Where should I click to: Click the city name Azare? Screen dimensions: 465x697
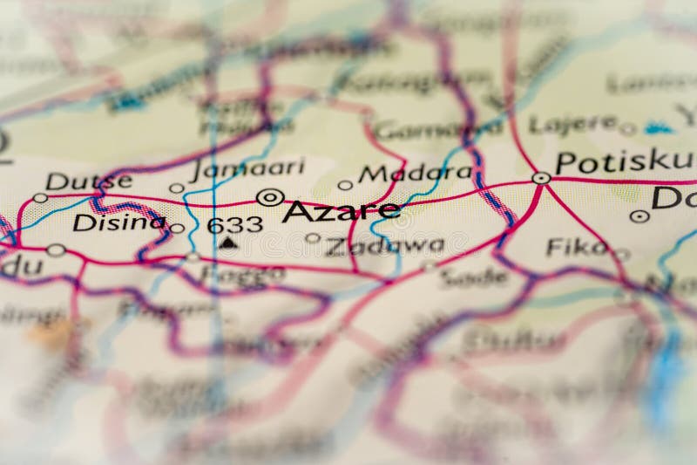(x=342, y=210)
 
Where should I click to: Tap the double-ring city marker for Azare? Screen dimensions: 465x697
(x=269, y=197)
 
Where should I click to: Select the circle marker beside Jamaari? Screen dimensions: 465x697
(x=176, y=188)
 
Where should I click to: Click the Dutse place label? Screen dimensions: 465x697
(x=89, y=181)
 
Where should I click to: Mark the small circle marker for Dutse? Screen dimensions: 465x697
(x=40, y=198)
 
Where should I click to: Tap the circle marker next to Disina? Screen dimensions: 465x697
(x=177, y=229)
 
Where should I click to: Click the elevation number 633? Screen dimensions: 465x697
(x=234, y=224)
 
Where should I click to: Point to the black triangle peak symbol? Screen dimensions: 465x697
(x=227, y=243)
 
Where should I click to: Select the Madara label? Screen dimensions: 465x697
(x=416, y=173)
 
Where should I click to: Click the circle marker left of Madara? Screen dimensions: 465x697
(x=345, y=185)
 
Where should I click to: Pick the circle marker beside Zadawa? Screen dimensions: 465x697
(x=312, y=237)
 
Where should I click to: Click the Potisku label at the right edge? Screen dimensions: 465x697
(x=625, y=161)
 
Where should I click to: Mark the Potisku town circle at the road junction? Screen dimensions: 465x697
(x=541, y=178)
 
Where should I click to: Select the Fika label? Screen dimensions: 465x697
(x=576, y=247)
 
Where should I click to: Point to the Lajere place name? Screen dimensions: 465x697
(x=572, y=124)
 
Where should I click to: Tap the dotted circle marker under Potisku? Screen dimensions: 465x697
(x=639, y=215)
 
